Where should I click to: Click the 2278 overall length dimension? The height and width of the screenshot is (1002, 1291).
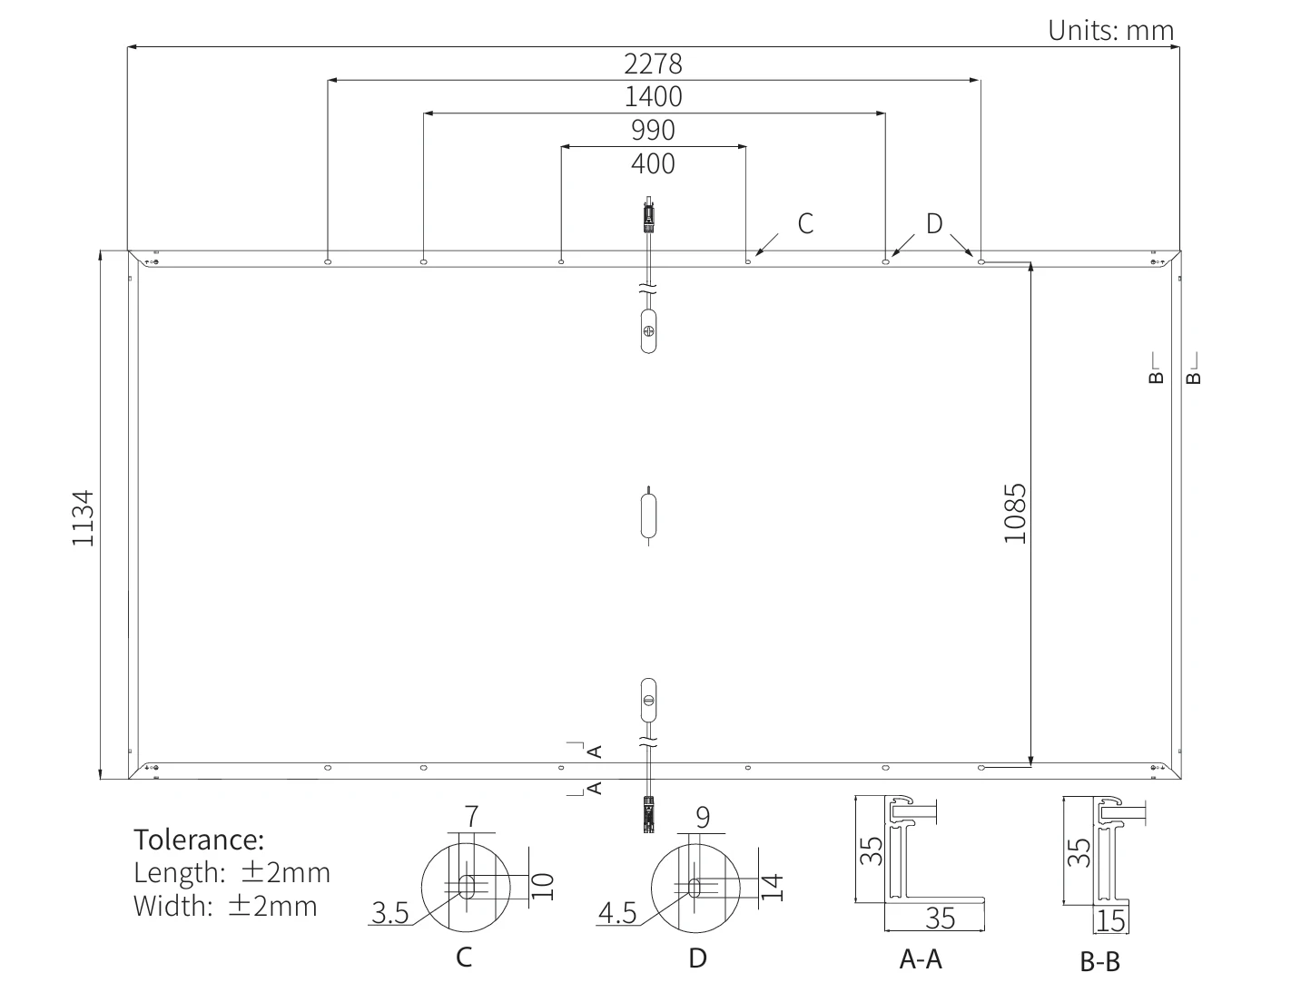click(653, 64)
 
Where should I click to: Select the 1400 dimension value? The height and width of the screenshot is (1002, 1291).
click(653, 96)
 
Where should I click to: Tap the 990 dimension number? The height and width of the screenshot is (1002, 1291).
click(653, 130)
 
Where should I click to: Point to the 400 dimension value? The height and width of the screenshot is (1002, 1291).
click(653, 163)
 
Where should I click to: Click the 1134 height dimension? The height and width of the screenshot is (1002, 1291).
click(83, 518)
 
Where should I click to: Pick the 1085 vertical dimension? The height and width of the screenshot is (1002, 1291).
click(1015, 514)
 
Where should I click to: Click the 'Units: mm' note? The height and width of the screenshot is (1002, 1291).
click(1110, 30)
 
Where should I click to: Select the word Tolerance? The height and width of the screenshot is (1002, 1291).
click(199, 840)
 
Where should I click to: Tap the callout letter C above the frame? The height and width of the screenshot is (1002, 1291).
click(805, 224)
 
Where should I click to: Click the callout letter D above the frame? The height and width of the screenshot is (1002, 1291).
click(934, 224)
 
